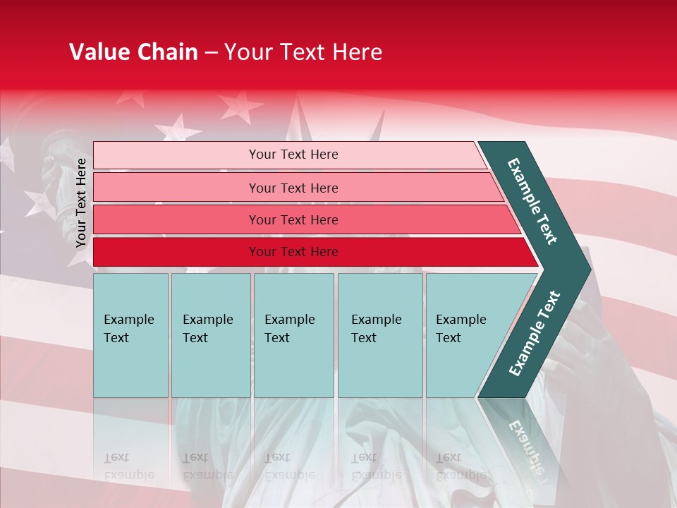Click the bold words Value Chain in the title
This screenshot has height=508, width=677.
click(x=133, y=52)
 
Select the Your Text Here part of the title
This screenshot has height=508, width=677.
click(x=303, y=52)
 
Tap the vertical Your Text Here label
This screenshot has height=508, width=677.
click(x=81, y=202)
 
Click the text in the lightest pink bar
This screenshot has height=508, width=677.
click(x=293, y=155)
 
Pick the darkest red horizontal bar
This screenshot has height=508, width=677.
click(x=310, y=252)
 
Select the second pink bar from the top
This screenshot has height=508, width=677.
click(x=296, y=188)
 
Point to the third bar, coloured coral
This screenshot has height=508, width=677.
click(x=303, y=220)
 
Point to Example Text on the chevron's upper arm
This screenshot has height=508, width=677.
click(x=532, y=201)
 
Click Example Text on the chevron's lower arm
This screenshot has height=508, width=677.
click(x=535, y=334)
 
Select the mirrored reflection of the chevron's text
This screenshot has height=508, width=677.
click(x=525, y=445)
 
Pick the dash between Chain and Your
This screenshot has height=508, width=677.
click(x=211, y=52)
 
